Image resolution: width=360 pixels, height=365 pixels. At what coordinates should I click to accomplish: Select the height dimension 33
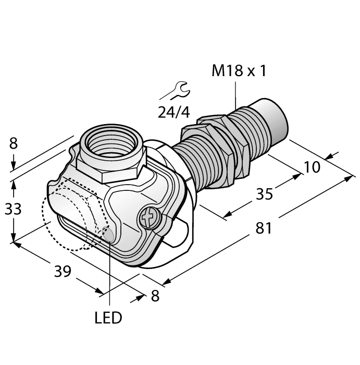tap(13, 209)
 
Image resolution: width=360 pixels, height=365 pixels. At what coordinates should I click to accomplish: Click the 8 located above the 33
tap(13, 143)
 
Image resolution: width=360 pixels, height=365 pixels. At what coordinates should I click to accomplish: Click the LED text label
tap(108, 317)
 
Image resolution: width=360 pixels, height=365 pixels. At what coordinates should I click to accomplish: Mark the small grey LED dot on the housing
tap(109, 235)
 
